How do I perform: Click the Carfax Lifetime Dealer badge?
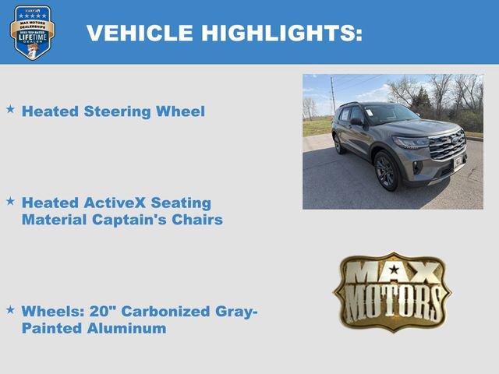click(32, 32)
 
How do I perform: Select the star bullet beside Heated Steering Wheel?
click(10, 110)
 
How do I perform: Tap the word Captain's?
click(132, 220)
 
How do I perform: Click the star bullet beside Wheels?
click(10, 309)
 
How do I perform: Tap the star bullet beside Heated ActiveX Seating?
click(10, 201)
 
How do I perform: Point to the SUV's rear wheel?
click(338, 143)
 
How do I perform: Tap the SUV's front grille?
click(449, 145)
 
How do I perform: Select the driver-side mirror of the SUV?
click(356, 122)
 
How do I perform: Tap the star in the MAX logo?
click(394, 270)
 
